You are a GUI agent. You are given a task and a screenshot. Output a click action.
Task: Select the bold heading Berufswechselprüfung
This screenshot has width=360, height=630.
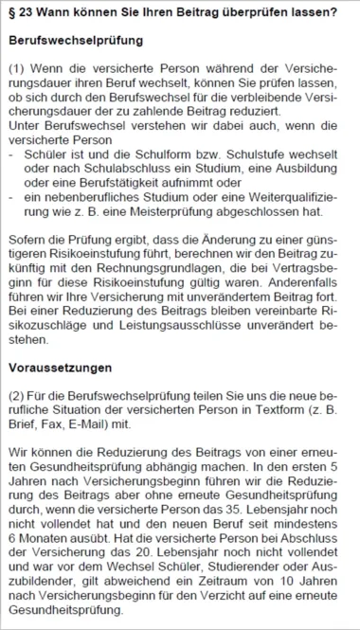[75, 43]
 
